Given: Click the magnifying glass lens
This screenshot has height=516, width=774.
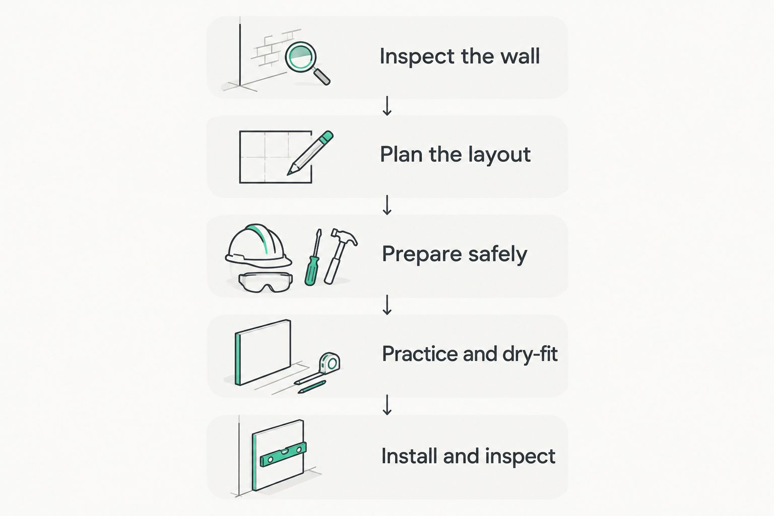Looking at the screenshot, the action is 301,57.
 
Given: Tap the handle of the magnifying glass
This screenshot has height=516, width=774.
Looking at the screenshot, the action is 321,77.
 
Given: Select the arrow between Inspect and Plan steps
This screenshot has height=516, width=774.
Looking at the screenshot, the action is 387,106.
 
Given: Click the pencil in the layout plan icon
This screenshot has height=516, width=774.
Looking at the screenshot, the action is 310,153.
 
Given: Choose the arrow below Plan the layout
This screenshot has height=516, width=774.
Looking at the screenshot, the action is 387,205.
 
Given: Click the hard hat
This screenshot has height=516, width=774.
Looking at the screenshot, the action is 258,246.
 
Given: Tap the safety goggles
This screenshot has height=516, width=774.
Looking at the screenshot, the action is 266,282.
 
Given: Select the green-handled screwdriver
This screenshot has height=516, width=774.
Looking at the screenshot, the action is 313,257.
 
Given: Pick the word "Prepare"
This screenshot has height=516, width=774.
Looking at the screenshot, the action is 422,254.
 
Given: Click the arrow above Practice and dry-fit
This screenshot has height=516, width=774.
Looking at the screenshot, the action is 387,305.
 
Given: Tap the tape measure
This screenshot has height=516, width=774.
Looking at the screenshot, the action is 330,363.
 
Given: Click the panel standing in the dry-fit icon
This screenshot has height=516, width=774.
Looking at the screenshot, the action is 263,352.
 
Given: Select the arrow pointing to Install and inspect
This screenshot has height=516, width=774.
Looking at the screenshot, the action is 387,405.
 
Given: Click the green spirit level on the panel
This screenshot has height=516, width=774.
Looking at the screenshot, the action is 283,455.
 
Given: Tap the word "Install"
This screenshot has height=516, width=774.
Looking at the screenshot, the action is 410,456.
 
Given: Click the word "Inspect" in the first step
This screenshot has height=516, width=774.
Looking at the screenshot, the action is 417,57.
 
